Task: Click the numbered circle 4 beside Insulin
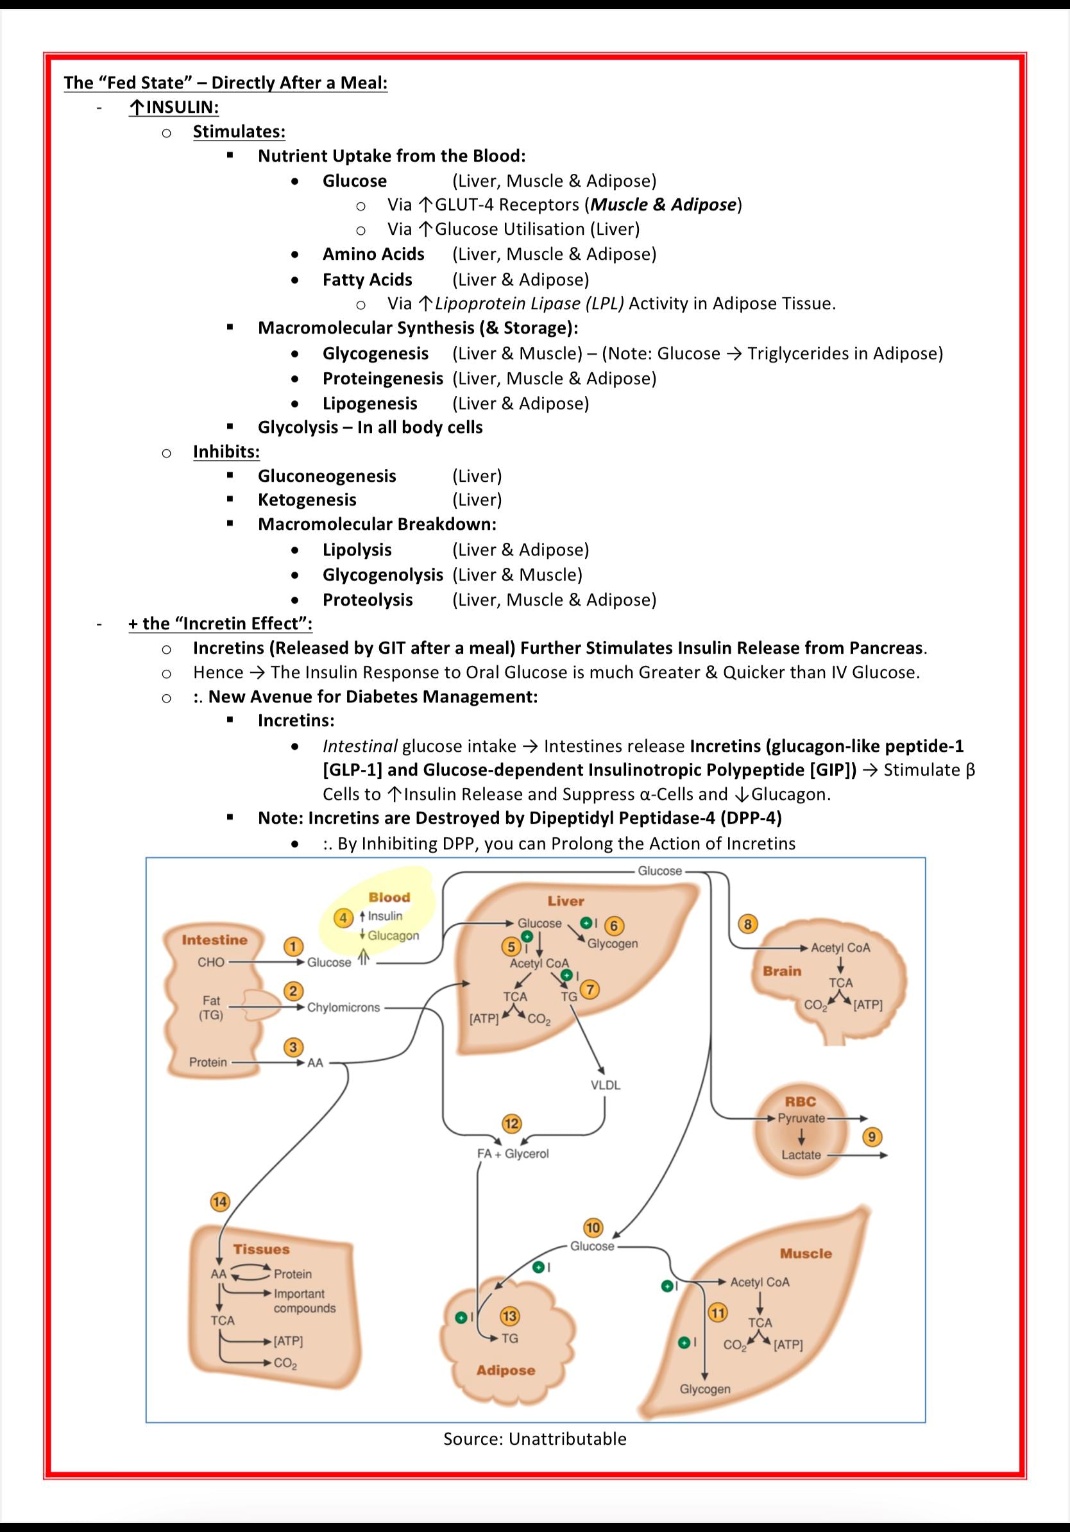point(343,918)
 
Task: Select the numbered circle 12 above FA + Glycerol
point(512,1123)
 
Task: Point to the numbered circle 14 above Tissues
point(219,1202)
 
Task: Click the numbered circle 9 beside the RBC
point(872,1136)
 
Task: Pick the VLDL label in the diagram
point(605,1085)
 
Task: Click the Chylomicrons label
point(344,1008)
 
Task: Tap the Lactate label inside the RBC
point(801,1154)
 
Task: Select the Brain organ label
point(782,970)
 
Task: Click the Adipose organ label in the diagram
point(505,1370)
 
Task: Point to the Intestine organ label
point(214,939)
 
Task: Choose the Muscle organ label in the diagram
point(806,1253)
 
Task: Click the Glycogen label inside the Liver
point(613,944)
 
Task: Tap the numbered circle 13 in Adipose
point(509,1316)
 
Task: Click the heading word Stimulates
point(239,132)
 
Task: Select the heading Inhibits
point(226,452)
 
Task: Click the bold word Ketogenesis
point(307,500)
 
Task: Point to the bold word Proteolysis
point(368,600)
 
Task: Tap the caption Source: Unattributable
point(535,1438)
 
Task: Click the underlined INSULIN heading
point(174,106)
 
